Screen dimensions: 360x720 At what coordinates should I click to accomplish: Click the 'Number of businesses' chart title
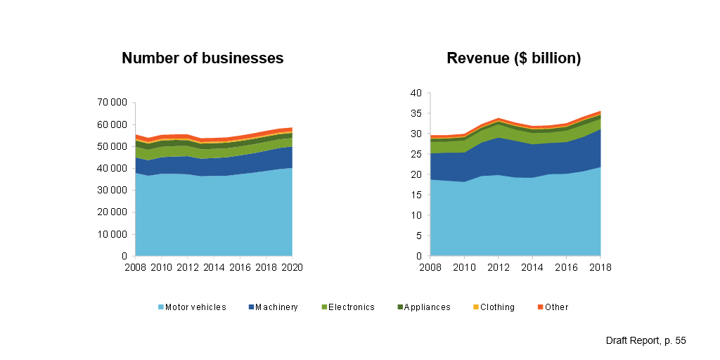coord(202,58)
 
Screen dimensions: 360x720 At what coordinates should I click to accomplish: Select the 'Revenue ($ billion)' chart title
coord(513,58)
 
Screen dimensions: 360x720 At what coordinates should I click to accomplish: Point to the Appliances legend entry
coord(425,307)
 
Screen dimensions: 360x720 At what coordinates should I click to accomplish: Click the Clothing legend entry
coord(497,307)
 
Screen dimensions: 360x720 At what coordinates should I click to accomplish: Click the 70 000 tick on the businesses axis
coord(111,103)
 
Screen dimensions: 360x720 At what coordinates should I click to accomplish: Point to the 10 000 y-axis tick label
coord(111,235)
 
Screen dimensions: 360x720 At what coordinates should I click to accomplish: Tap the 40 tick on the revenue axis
coord(416,93)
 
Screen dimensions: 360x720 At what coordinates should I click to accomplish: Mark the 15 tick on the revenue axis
coord(416,195)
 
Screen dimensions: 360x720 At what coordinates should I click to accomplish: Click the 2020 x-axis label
coord(292,268)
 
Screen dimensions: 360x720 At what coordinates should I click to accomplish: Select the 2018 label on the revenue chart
coord(600,268)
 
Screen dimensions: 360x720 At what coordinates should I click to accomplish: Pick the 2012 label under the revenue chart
coord(499,268)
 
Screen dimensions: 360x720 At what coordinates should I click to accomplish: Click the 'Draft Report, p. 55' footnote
coord(645,340)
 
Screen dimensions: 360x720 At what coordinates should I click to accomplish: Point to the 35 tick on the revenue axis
coord(416,113)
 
